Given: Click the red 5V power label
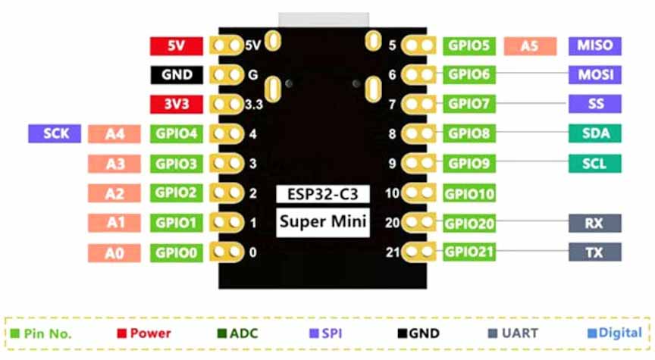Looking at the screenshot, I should click(x=176, y=45).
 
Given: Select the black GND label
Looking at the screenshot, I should click(x=176, y=75).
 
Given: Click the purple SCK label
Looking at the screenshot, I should click(x=54, y=134).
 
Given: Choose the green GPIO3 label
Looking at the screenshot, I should click(x=177, y=164).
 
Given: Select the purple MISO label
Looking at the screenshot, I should click(x=594, y=45).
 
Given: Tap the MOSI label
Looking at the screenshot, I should click(x=594, y=75).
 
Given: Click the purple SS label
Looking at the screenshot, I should click(x=594, y=103).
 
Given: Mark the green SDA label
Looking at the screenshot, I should click(x=594, y=134).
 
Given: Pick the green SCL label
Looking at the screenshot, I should click(x=594, y=164).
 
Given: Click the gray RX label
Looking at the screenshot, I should click(x=594, y=223).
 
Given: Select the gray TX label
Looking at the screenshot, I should click(x=594, y=252).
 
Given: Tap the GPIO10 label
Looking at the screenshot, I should click(x=470, y=194).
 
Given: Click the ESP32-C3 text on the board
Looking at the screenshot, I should click(x=322, y=193).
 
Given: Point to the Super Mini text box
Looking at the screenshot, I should click(x=322, y=222).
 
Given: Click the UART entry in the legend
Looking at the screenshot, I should click(x=512, y=333).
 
